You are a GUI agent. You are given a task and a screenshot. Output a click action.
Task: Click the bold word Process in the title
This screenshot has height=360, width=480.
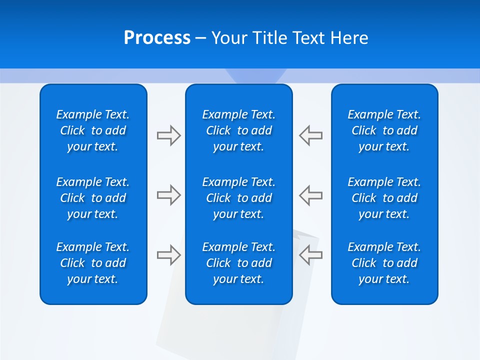pyautogui.click(x=157, y=38)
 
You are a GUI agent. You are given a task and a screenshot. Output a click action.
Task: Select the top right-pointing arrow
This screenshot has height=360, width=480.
pyautogui.click(x=169, y=135)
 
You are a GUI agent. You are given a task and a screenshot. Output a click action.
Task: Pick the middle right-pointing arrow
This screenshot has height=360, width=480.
pyautogui.click(x=169, y=195)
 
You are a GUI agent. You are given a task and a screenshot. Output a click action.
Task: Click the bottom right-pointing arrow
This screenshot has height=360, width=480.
pyautogui.click(x=169, y=255)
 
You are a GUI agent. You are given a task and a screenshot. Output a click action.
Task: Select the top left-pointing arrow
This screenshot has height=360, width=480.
pyautogui.click(x=311, y=135)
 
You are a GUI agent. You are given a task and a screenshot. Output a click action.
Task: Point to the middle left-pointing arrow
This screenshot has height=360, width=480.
pyautogui.click(x=311, y=195)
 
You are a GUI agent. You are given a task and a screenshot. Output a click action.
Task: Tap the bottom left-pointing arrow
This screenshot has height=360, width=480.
pyautogui.click(x=311, y=255)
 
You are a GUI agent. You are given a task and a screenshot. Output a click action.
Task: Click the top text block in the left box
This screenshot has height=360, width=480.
pyautogui.click(x=93, y=130)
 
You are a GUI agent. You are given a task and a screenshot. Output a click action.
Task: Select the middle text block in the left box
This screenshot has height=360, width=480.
pyautogui.click(x=93, y=198)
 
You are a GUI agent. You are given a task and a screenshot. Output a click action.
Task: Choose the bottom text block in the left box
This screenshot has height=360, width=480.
pyautogui.click(x=93, y=263)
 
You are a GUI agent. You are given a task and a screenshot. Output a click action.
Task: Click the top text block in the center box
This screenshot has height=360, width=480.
pyautogui.click(x=239, y=130)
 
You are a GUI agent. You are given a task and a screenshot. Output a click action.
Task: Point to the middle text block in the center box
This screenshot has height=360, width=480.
pyautogui.click(x=239, y=198)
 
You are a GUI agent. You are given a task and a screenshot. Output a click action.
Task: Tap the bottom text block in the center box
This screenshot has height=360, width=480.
pyautogui.click(x=239, y=263)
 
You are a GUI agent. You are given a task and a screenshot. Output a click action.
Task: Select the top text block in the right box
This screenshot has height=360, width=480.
pyautogui.click(x=384, y=130)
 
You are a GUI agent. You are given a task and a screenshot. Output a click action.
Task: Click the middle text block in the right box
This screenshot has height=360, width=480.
pyautogui.click(x=384, y=198)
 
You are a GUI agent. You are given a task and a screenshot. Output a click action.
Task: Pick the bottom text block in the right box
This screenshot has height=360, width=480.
pyautogui.click(x=384, y=263)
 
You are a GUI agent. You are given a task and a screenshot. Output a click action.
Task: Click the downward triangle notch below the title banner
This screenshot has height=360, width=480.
pyautogui.click(x=255, y=76)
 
